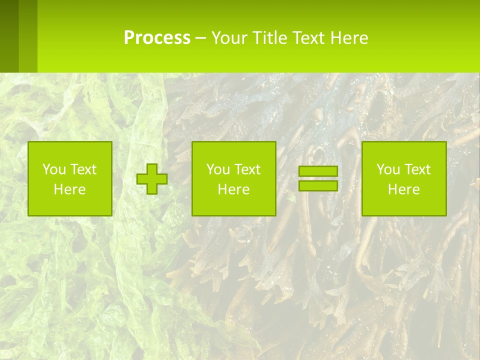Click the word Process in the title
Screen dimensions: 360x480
(x=157, y=38)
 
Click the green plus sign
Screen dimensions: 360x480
(x=152, y=178)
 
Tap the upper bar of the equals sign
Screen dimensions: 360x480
(x=318, y=171)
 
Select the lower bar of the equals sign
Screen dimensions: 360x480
(x=318, y=185)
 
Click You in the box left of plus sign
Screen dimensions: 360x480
(x=53, y=169)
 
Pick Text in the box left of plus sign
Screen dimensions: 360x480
(x=82, y=169)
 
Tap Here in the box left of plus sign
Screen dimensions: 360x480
(x=69, y=189)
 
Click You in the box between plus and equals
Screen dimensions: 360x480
(x=217, y=169)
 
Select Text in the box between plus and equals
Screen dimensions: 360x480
(x=246, y=169)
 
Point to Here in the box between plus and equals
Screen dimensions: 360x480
(x=233, y=189)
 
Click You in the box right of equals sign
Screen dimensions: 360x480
(x=387, y=169)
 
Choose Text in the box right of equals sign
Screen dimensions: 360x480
(x=416, y=169)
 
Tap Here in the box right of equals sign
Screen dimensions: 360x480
(x=403, y=189)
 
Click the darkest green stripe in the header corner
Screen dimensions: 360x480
(x=9, y=36)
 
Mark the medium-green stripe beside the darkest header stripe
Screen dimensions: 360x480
(x=28, y=36)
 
